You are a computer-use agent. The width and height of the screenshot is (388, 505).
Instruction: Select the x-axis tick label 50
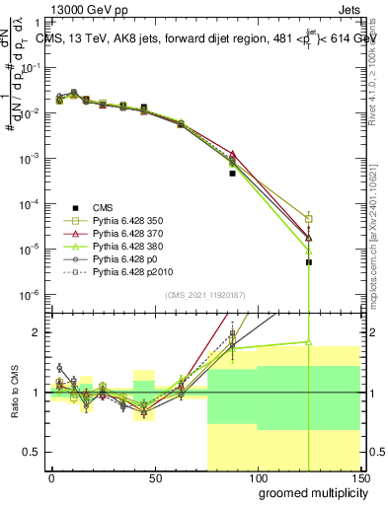point(154,477)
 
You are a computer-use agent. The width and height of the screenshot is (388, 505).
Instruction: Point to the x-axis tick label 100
point(257,477)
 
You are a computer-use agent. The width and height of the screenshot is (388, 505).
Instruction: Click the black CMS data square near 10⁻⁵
point(309,262)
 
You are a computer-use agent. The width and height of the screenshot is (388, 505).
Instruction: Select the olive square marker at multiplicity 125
point(309,219)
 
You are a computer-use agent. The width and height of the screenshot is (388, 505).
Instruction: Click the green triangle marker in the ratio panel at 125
point(309,342)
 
